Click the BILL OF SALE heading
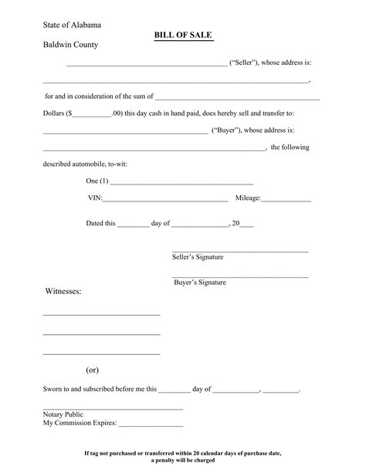[184, 35]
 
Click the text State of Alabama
[71, 25]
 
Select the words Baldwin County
[70, 45]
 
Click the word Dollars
[54, 113]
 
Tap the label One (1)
[97, 181]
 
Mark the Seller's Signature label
[197, 257]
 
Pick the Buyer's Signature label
[199, 282]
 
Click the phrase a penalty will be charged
[183, 461]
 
